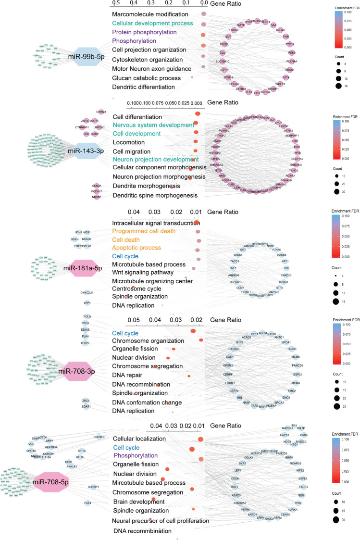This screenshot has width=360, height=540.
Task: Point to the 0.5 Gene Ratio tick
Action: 116,3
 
